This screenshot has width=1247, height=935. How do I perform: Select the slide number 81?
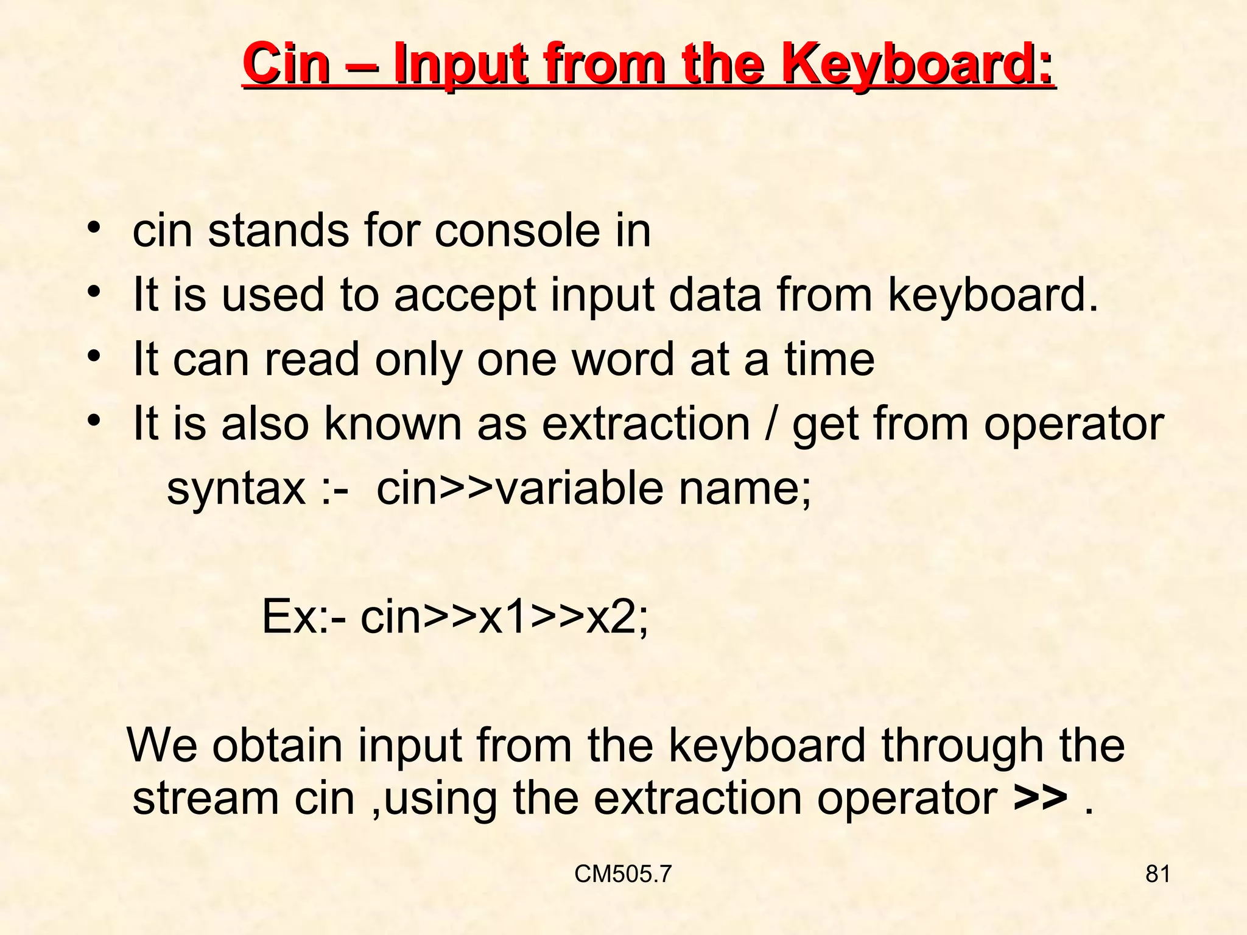1157,874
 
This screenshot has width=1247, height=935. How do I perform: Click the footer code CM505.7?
623,874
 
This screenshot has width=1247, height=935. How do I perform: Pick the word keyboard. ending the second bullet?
993,295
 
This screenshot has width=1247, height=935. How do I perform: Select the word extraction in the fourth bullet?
645,424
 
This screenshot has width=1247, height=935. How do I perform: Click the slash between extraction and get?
771,424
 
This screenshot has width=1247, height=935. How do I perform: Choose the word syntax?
236,489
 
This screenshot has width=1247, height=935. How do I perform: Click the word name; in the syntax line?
745,489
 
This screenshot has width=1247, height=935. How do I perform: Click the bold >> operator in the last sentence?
1041,799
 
